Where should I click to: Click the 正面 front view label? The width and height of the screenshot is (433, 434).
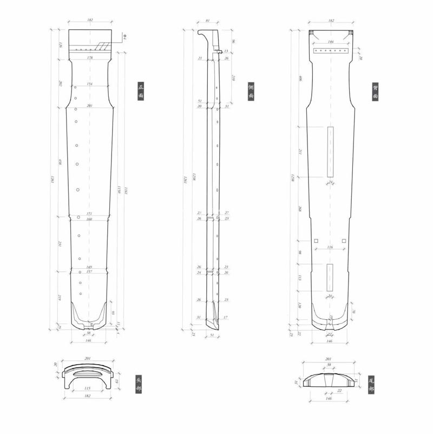(141, 91)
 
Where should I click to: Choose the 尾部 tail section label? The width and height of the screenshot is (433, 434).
(371, 384)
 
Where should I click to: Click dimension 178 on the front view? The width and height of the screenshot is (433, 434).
(89, 57)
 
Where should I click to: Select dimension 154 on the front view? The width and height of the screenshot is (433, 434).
(89, 84)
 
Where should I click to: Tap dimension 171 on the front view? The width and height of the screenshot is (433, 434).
(89, 213)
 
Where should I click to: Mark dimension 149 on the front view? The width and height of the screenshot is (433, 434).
(89, 267)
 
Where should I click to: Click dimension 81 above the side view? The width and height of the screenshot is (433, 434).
(208, 21)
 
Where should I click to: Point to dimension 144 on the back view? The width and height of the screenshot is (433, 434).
(331, 41)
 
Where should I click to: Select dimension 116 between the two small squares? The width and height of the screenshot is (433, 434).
(330, 247)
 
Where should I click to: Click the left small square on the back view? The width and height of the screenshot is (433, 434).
(316, 241)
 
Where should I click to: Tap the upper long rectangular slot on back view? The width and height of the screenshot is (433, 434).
(330, 152)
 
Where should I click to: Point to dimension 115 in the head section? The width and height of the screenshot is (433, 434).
(88, 388)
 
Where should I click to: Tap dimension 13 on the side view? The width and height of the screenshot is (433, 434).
(226, 51)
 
